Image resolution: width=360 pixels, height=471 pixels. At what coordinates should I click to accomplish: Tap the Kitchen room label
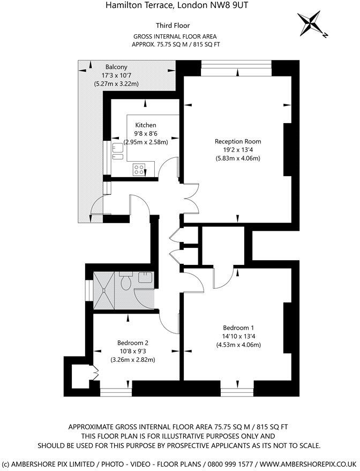146,125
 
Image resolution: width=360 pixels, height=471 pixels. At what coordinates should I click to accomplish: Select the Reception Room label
238,141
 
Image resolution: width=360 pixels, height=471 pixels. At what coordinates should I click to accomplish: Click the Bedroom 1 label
238,328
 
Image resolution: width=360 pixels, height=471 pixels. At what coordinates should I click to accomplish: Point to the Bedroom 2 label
133,343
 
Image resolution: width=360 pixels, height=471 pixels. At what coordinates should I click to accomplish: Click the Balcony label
116,67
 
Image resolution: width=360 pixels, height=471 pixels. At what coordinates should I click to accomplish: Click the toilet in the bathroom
126,282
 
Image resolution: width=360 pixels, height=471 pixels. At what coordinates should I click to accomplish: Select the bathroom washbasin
145,277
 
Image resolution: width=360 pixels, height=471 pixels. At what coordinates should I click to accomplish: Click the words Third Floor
172,25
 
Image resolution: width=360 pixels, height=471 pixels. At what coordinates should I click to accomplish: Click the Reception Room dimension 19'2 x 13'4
238,150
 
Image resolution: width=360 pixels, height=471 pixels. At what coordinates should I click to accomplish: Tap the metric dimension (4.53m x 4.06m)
238,345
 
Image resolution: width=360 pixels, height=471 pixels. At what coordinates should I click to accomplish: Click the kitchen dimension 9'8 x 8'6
146,134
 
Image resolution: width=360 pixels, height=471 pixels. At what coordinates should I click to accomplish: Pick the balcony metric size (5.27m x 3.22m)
116,84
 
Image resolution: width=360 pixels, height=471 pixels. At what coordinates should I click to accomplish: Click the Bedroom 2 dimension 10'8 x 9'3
133,351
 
